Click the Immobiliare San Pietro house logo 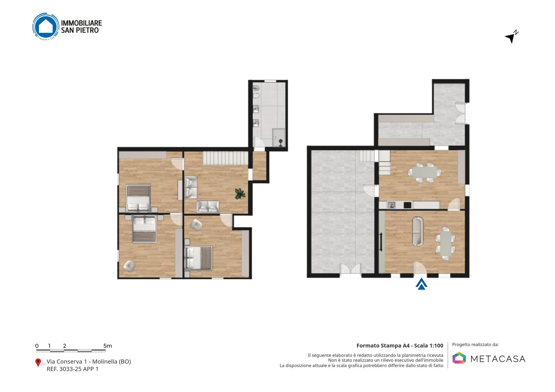pyautogui.click(x=46, y=27)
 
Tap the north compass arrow pyautogui.click(x=511, y=37)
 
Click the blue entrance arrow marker pyautogui.click(x=421, y=284)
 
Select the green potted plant pyautogui.click(x=240, y=194)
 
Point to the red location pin pyautogui.click(x=38, y=363)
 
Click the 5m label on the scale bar pyautogui.click(x=108, y=346)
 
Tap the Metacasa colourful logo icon pyautogui.click(x=459, y=358)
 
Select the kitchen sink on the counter pyautogui.click(x=392, y=205)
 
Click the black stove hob pyautogui.click(x=408, y=205)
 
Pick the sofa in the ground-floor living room pyautogui.click(x=418, y=231)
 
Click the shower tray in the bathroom pyautogui.click(x=279, y=137)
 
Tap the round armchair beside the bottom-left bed pyautogui.click(x=129, y=266)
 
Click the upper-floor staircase pyautogui.click(x=226, y=158)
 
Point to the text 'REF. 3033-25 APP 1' pyautogui.click(x=72, y=369)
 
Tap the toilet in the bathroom pyautogui.click(x=256, y=95)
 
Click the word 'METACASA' pyautogui.click(x=498, y=359)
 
